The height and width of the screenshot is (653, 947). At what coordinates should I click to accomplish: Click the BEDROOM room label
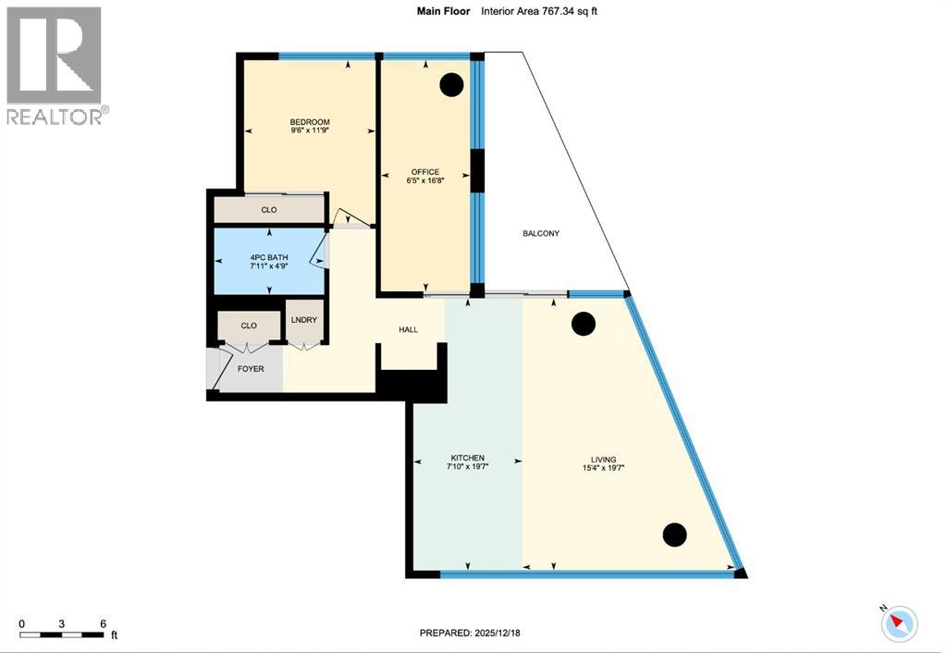pos(309,123)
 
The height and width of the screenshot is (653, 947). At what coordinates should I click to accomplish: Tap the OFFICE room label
pos(424,172)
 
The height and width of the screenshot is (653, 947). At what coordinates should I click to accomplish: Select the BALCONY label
pos(540,233)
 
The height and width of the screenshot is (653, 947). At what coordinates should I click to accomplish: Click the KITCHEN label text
pos(467,459)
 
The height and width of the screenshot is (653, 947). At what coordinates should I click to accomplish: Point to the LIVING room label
pos(605,460)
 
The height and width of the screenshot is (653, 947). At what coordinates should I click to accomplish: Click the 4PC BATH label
pos(268,256)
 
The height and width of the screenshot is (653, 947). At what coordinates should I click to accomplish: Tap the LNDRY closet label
pos(304,320)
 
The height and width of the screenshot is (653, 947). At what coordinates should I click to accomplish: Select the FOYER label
pos(250,369)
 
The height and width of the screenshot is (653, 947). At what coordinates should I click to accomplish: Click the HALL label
pos(408,329)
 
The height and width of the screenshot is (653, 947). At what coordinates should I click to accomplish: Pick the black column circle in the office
pos(450,85)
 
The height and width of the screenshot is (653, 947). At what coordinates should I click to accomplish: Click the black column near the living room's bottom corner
pos(675,535)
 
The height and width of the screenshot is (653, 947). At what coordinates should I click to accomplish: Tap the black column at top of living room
pos(584,324)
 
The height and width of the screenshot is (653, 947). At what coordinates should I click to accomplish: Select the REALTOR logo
pos(55,65)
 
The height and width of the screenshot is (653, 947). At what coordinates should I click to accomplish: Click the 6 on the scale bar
pos(103,622)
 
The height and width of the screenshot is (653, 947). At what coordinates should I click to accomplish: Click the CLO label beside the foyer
pos(248,326)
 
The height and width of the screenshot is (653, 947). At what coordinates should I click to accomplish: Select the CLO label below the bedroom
pos(268,210)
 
